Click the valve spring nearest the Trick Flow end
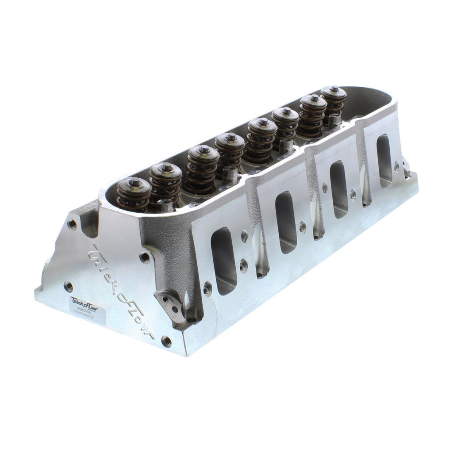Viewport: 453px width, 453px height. click(x=133, y=195)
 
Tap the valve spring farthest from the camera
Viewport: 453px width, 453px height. click(x=334, y=100)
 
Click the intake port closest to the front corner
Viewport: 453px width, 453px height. click(x=224, y=261)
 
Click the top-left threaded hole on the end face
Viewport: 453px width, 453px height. click(x=72, y=224)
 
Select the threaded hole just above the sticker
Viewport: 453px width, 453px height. click(x=69, y=286)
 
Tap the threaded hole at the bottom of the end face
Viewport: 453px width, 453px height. click(x=166, y=341)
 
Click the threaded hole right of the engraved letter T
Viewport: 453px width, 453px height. click(x=144, y=257)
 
